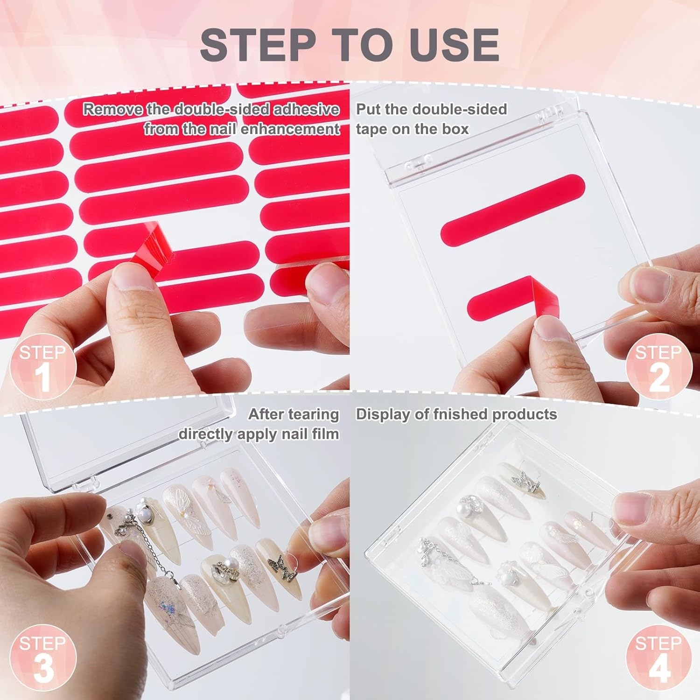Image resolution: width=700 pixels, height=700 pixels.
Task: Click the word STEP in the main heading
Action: point(257,44)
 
